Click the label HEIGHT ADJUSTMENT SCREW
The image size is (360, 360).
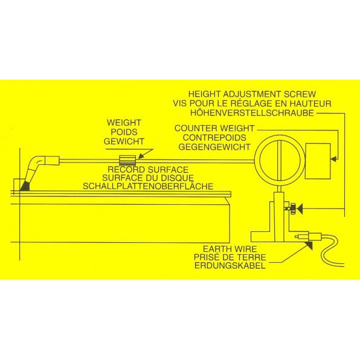coord(252,94)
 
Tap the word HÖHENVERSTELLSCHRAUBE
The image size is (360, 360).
coord(252,113)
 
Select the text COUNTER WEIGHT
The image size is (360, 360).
coord(214,128)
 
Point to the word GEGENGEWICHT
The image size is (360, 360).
coord(214,147)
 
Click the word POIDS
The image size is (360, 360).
coord(124,132)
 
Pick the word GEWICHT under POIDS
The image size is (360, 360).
coord(124,141)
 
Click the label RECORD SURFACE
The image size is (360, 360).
coord(148,170)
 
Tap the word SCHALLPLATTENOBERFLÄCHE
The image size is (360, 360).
coord(148,186)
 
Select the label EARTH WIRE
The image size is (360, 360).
coord(230,249)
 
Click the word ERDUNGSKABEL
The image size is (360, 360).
coord(230,266)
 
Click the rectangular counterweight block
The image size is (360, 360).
coord(318,161)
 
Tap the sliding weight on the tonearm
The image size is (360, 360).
coord(127,160)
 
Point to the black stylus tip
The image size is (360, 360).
coord(25,186)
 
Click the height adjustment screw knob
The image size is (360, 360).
coord(293,209)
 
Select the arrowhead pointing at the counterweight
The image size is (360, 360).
coord(333,159)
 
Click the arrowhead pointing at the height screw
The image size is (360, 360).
coord(299,209)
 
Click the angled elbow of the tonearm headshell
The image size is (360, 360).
coord(37,162)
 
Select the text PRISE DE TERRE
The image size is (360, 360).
coord(230,257)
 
